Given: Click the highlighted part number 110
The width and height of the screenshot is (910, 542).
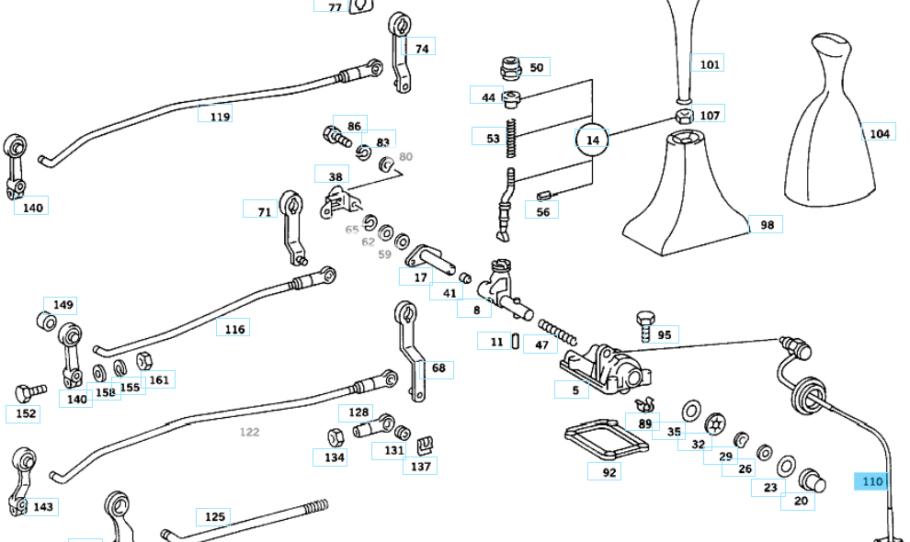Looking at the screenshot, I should (871, 481).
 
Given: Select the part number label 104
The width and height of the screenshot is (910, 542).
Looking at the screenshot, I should (879, 133).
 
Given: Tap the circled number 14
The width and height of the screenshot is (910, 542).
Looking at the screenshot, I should (592, 140).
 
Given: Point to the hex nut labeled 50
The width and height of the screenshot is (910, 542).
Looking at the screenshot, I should (509, 67).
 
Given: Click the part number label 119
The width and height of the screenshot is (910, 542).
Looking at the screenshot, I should (220, 117).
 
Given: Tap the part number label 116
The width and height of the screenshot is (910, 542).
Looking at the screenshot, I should (234, 328).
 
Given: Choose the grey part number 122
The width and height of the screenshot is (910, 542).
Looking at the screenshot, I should (249, 432).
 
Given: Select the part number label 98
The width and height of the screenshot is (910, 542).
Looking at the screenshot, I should (767, 224).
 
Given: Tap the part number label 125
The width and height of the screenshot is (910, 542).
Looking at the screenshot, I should (214, 516).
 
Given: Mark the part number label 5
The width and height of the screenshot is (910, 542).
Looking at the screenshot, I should (574, 390).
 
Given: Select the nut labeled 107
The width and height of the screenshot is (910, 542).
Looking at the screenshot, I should (684, 117).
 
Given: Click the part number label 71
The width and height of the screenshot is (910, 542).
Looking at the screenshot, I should (264, 212).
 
